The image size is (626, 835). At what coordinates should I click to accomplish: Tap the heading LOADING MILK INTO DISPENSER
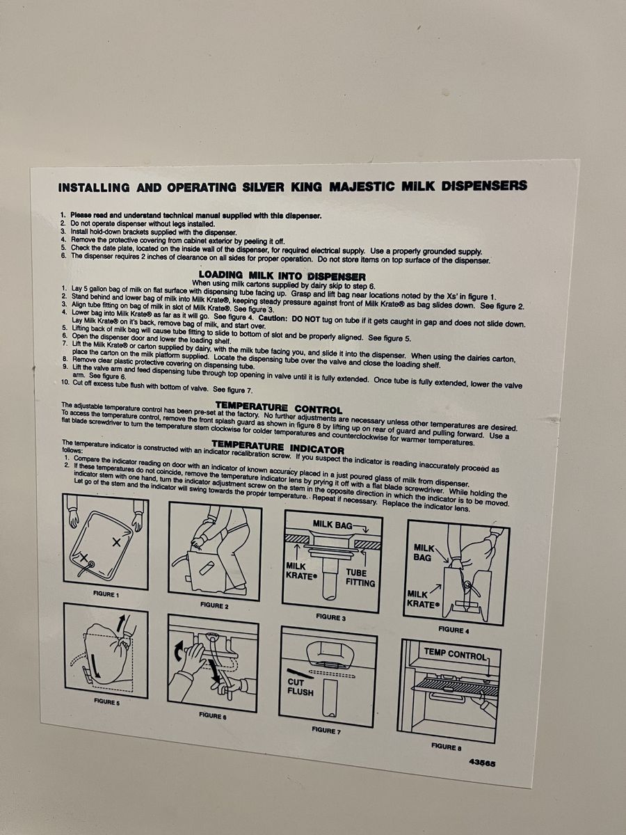tap(282, 276)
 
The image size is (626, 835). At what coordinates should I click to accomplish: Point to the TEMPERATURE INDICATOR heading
tap(278, 447)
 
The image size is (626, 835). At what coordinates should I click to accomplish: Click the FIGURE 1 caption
tap(106, 594)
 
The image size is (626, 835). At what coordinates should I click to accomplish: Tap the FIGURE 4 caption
tap(454, 630)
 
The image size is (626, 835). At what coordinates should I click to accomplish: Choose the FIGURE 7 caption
tap(326, 730)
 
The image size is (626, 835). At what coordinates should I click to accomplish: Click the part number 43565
tap(482, 763)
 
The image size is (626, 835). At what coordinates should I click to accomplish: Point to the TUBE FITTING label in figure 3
tap(360, 578)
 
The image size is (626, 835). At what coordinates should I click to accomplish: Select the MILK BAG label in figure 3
tap(332, 525)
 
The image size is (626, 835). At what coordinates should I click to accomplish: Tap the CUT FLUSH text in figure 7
tap(300, 687)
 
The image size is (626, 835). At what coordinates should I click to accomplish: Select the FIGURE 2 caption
tap(214, 605)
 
